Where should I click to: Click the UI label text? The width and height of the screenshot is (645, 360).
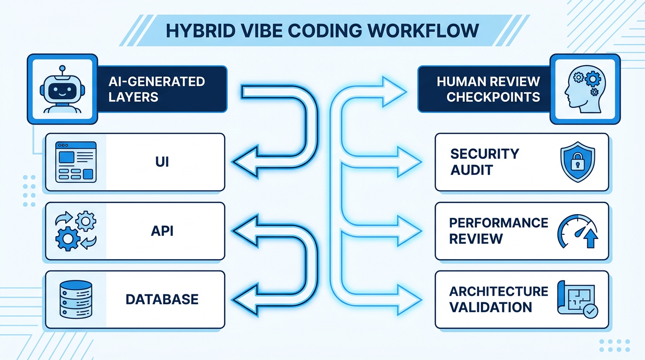pyautogui.click(x=161, y=162)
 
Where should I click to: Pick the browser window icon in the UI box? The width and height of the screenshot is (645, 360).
pyautogui.click(x=75, y=162)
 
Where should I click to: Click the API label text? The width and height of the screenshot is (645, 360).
pyautogui.click(x=161, y=231)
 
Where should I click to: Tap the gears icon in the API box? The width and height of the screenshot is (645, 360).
pyautogui.click(x=75, y=232)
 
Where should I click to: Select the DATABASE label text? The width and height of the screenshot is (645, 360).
pyautogui.click(x=162, y=300)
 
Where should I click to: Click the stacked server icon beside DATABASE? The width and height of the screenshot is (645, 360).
pyautogui.click(x=75, y=300)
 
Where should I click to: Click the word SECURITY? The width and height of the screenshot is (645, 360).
pyautogui.click(x=484, y=154)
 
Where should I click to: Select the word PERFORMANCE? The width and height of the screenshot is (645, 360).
pyautogui.click(x=498, y=223)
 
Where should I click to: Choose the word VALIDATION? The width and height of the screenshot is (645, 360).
pyautogui.click(x=490, y=307)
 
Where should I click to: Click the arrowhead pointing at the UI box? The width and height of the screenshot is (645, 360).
pyautogui.click(x=244, y=163)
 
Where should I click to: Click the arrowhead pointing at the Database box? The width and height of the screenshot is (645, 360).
pyautogui.click(x=244, y=300)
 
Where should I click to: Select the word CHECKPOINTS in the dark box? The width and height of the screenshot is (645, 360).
pyautogui.click(x=493, y=97)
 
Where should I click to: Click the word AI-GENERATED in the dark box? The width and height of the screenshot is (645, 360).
pyautogui.click(x=157, y=82)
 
